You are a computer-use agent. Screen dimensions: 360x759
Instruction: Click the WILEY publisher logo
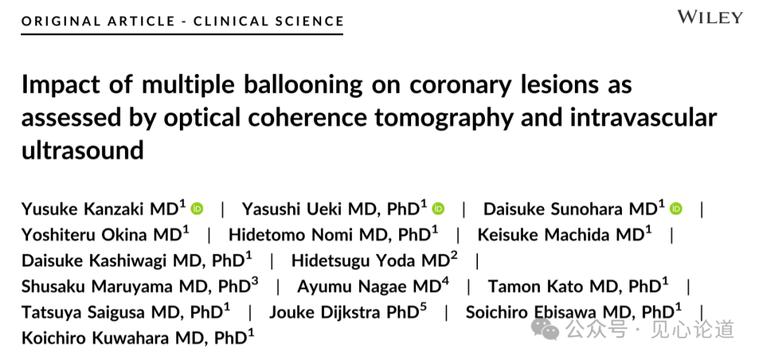pos(710,18)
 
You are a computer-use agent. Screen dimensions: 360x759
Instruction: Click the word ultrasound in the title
pos(82,149)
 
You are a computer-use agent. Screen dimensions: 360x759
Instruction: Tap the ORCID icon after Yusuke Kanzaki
pos(197,209)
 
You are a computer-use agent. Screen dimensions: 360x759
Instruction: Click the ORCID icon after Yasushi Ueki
pos(439,209)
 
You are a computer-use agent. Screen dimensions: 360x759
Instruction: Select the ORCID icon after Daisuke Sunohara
pos(676,209)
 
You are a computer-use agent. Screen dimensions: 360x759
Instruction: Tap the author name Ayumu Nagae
pos(351,287)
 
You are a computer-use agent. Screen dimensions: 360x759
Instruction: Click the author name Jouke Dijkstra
pos(323,312)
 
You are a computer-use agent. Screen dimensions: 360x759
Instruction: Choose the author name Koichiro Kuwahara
pos(96,338)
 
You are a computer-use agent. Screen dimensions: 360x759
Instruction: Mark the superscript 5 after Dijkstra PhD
pos(423,307)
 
